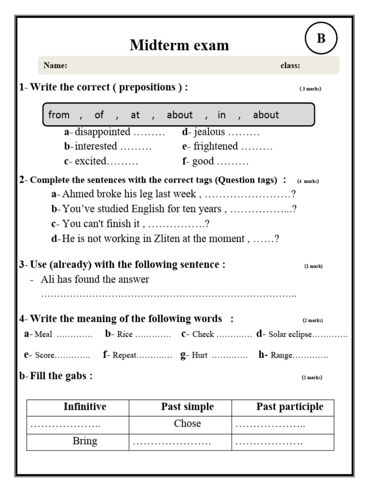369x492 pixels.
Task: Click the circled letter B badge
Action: (321, 38)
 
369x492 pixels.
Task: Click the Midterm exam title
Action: (179, 45)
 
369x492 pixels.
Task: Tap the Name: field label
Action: (55, 66)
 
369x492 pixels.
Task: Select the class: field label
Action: (290, 66)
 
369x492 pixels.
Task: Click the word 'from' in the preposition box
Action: (59, 115)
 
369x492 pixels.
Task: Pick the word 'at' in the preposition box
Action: (135, 115)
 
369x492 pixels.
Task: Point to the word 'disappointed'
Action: (102, 132)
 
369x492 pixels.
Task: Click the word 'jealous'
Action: (209, 132)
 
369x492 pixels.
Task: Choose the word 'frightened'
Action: (216, 147)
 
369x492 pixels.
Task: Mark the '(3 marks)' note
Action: (310, 89)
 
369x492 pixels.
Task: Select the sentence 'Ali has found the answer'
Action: (95, 280)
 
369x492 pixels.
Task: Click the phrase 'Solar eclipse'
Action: (290, 334)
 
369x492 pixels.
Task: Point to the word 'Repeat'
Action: (124, 356)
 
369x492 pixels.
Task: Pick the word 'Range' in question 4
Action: (281, 356)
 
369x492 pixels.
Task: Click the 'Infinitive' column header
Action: (85, 407)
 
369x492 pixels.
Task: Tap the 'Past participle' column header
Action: (289, 407)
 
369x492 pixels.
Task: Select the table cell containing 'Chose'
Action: (187, 424)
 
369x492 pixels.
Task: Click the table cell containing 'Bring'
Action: (85, 441)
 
